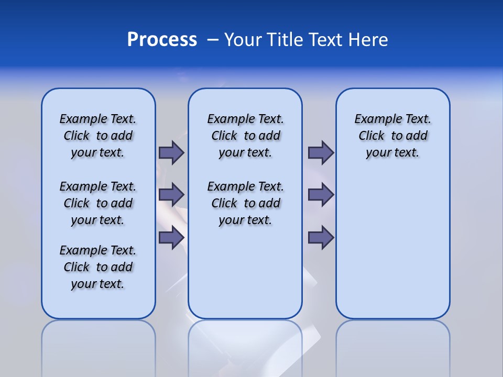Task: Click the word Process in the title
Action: click(162, 40)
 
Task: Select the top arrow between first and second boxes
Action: click(171, 152)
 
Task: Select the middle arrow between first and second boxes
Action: click(171, 195)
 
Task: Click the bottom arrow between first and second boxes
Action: click(171, 238)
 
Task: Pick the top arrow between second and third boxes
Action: click(321, 152)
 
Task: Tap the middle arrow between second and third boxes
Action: click(321, 195)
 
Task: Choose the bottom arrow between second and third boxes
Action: click(321, 238)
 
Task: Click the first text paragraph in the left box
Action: click(98, 136)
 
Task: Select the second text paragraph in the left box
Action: click(98, 203)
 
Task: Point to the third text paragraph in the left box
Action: click(98, 267)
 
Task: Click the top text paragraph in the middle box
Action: click(245, 136)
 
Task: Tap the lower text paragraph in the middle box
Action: click(245, 203)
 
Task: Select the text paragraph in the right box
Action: click(392, 136)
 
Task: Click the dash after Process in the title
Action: click(213, 40)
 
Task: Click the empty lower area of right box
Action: click(392, 251)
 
